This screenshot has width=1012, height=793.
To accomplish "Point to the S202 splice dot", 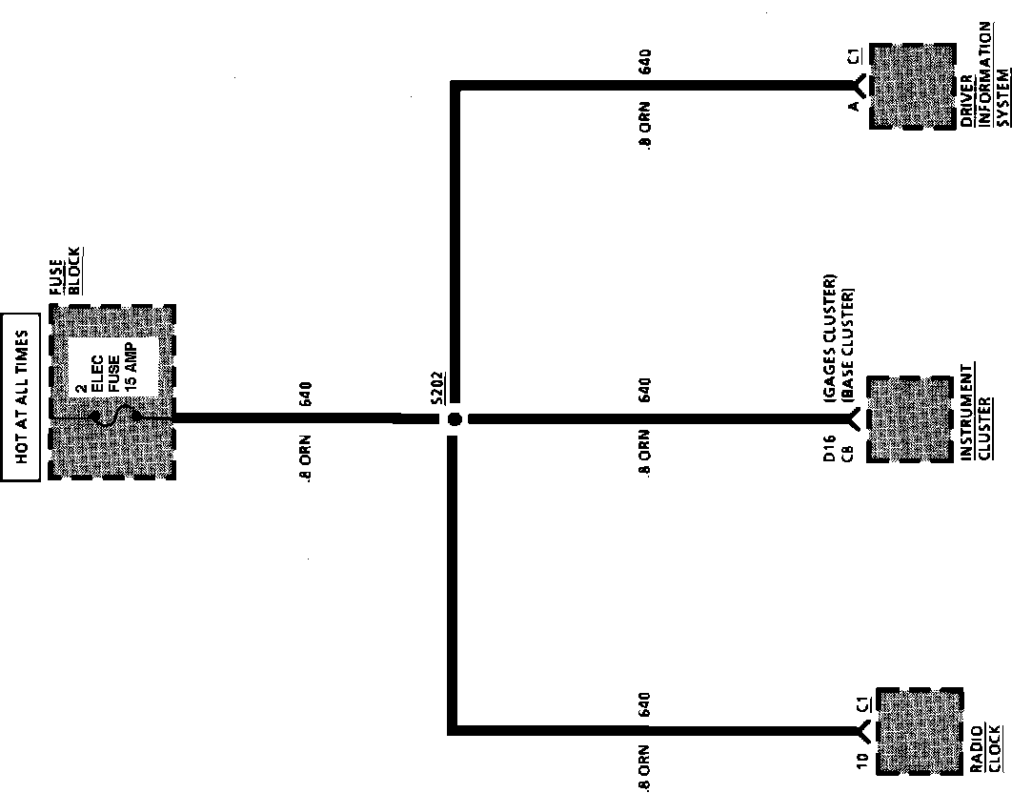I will click(x=455, y=418).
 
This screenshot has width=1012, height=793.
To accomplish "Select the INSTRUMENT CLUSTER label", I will click(x=975, y=412).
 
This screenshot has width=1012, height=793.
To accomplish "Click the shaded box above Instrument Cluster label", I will click(x=910, y=419).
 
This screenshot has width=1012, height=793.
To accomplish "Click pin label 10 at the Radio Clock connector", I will click(x=861, y=761).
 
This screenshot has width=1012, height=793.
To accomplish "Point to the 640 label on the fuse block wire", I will click(x=305, y=395).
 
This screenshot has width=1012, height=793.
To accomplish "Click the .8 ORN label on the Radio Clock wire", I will click(x=645, y=766).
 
